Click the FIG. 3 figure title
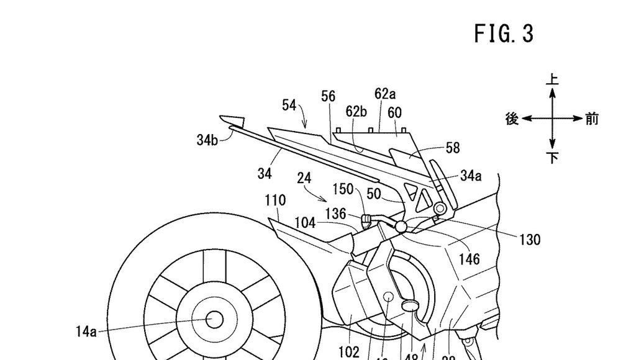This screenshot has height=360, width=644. (504, 34)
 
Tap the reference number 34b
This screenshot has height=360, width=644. (207, 140)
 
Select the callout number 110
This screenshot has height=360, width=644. (274, 200)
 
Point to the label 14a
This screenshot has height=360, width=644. (86, 331)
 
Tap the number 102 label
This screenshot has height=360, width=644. (348, 352)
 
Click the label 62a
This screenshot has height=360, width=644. (385, 94)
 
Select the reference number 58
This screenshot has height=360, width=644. (453, 148)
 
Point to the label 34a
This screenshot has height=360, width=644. (471, 176)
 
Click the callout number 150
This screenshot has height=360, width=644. (342, 189)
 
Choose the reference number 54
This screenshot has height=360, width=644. (289, 105)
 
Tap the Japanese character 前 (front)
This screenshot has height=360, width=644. (592, 119)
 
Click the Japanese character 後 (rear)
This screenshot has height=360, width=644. (512, 119)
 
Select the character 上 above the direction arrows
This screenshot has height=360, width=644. (552, 79)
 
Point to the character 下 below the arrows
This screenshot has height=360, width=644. (552, 158)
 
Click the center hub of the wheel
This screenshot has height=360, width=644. (214, 320)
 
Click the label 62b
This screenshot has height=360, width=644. (356, 112)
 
